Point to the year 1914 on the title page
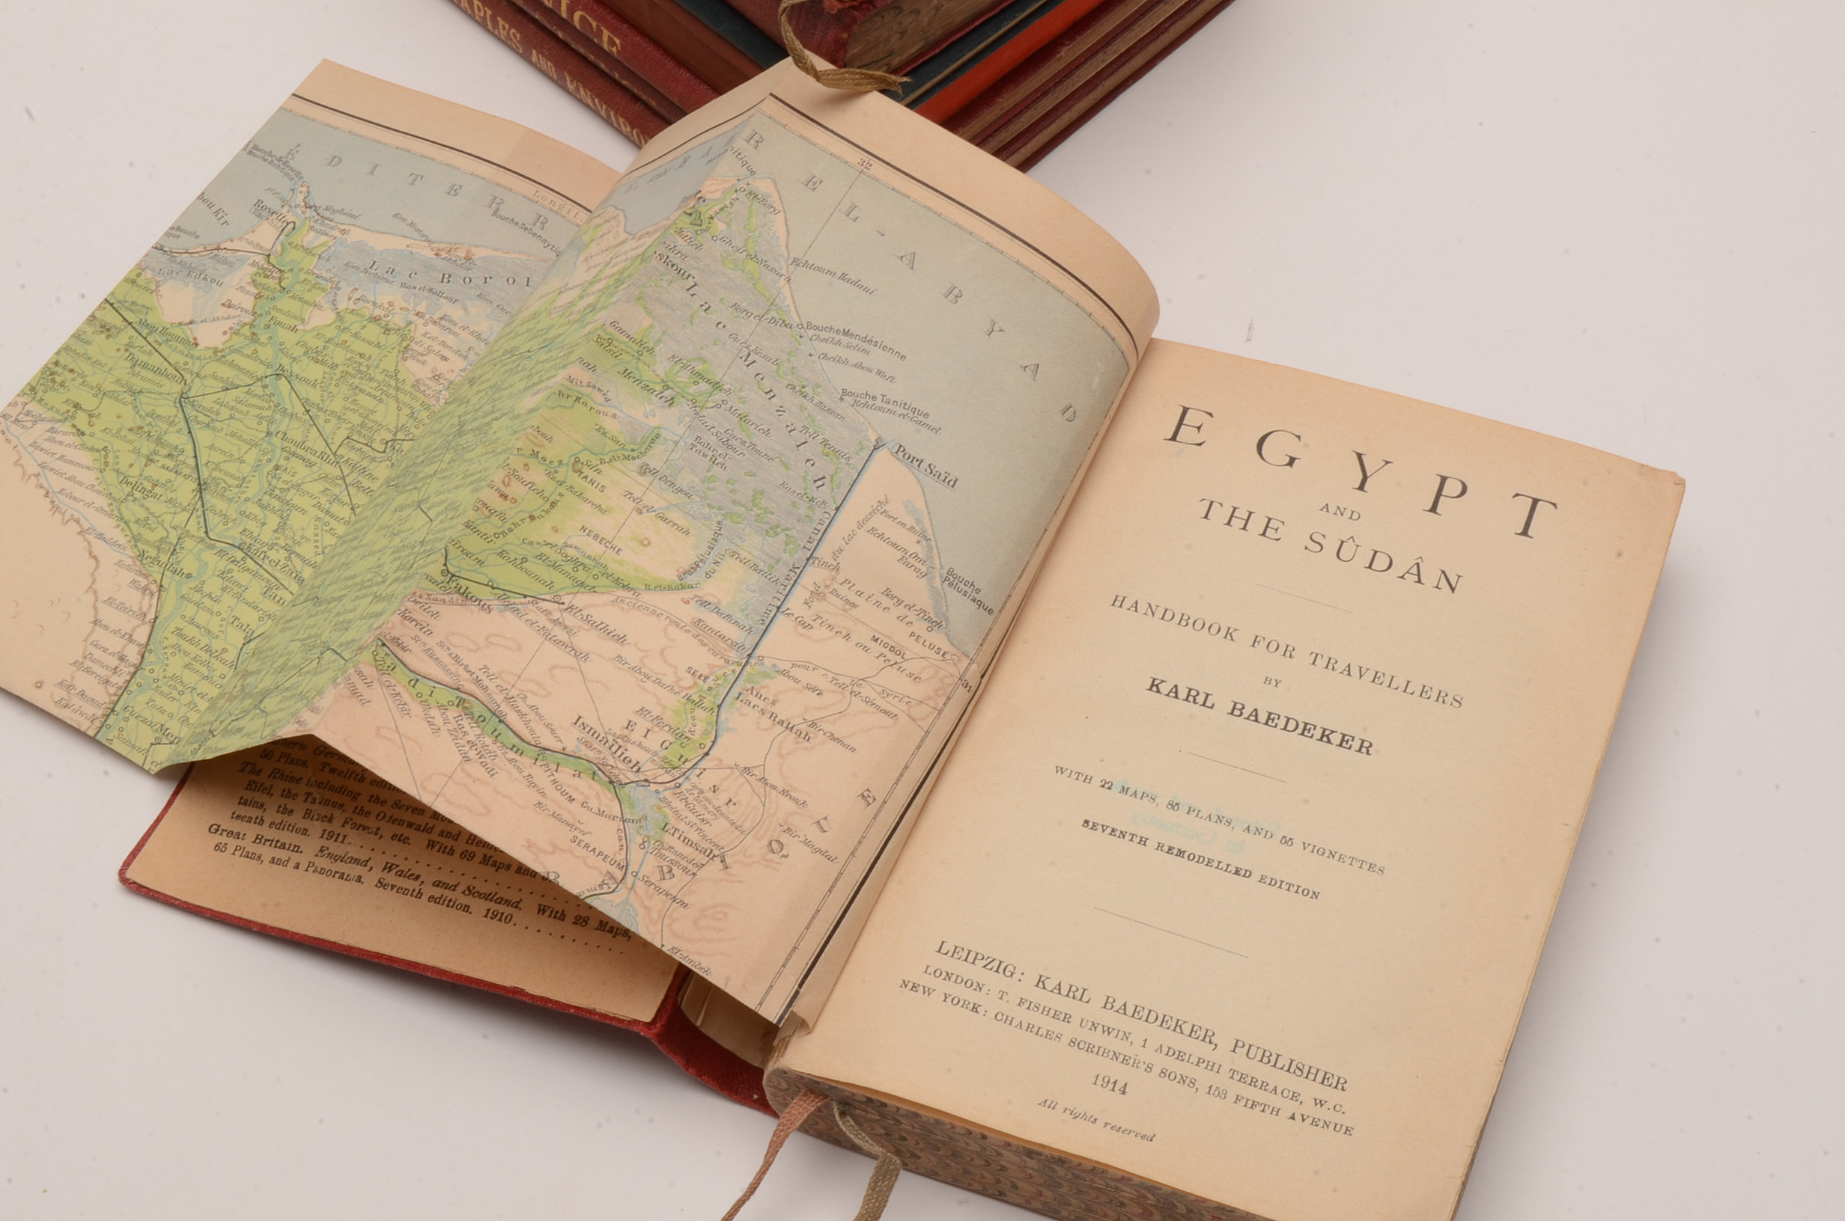tap(1109, 1083)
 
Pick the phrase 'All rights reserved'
tap(1095, 1119)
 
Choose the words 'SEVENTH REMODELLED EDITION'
tap(1200, 859)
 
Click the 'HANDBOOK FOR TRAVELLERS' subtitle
tap(1286, 649)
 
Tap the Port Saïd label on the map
tap(925, 465)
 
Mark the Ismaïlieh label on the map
tap(608, 743)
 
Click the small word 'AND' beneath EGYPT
tap(1341, 513)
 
